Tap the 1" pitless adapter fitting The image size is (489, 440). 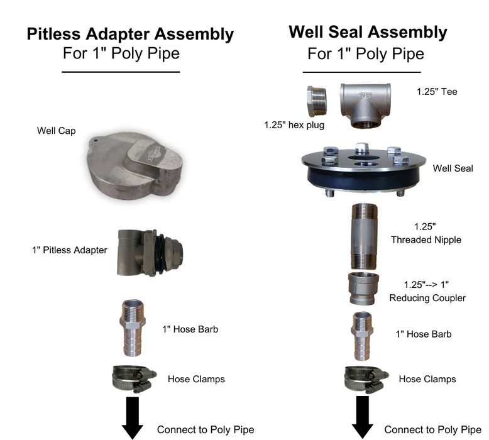coord(150,253)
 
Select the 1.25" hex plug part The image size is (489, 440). coord(317,101)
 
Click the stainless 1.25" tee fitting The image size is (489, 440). coord(365,105)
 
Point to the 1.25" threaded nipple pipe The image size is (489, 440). coord(365,236)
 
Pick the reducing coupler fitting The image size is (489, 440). coord(363,289)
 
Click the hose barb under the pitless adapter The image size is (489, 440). coord(133,327)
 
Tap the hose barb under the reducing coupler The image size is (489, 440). coord(363,336)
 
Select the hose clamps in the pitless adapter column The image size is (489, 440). coord(134,379)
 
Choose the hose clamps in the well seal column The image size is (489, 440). coord(366,380)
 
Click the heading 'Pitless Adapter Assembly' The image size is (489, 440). coord(130,34)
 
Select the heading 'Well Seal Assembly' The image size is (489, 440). coord(368,32)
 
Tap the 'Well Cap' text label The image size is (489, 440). coord(56,131)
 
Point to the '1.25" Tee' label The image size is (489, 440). coord(437,92)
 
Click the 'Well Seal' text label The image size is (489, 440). coord(453,168)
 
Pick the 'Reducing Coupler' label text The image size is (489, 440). coord(427,298)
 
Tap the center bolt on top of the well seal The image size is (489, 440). coord(362,148)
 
